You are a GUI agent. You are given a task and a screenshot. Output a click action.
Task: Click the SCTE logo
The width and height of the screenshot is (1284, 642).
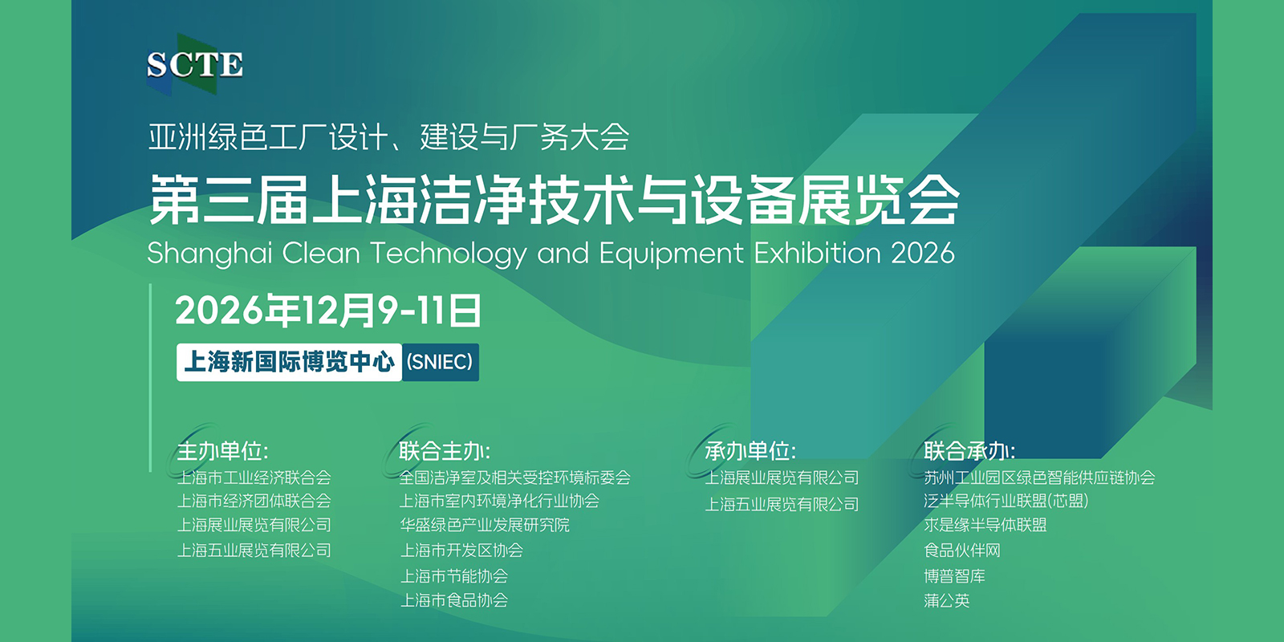(x=195, y=64)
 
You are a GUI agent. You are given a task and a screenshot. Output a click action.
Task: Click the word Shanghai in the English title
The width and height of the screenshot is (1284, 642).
(x=209, y=254)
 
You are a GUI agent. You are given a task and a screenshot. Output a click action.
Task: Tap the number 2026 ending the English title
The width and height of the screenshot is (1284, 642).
(x=923, y=253)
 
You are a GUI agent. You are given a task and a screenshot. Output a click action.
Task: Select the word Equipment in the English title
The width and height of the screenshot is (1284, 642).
(x=671, y=254)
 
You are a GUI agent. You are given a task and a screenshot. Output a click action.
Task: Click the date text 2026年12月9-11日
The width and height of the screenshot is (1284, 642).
(x=328, y=311)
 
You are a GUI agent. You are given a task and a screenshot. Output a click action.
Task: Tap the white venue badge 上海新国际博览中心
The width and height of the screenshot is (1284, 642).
(x=289, y=362)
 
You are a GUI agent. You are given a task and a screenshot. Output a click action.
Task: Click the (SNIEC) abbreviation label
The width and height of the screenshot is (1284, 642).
(x=440, y=362)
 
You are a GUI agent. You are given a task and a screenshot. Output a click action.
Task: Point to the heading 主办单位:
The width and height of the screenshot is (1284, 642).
(x=222, y=451)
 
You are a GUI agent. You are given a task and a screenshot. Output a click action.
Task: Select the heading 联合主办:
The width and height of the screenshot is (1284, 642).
(x=445, y=451)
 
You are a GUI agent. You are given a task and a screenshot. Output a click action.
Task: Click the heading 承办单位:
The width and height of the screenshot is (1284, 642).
(x=750, y=451)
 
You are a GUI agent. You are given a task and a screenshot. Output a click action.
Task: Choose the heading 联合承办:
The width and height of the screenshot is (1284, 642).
(x=969, y=451)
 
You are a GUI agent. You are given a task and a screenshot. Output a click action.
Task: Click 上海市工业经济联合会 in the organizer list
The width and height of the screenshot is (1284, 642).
(x=254, y=477)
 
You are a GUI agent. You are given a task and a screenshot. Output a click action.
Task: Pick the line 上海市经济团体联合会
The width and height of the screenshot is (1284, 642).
(x=254, y=501)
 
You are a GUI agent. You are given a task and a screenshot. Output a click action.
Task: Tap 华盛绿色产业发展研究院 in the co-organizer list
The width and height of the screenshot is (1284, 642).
(x=485, y=525)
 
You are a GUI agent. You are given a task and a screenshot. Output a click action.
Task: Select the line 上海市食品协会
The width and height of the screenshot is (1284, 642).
(x=454, y=600)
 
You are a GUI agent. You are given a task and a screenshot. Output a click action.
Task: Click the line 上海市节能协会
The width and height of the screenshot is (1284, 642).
(x=454, y=575)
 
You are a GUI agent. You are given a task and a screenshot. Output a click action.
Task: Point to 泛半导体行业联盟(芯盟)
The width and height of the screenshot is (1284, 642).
(x=1006, y=501)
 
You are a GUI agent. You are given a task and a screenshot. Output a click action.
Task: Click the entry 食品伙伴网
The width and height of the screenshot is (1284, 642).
(x=962, y=551)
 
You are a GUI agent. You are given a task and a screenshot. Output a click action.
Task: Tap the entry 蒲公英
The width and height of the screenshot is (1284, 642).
(x=946, y=600)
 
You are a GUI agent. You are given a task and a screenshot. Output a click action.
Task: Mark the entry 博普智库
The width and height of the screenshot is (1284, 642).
(x=954, y=575)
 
